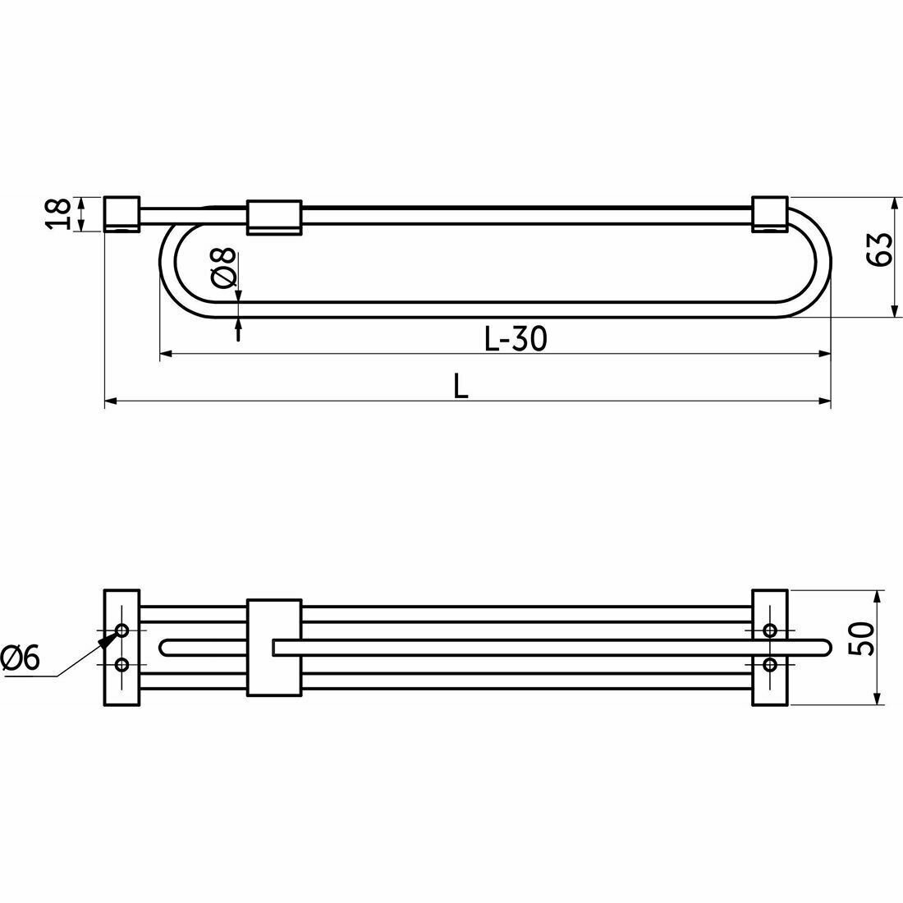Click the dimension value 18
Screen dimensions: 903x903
58,213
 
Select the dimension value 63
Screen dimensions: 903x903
879,250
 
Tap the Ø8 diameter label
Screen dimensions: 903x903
224,268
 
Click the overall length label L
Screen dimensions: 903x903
461,386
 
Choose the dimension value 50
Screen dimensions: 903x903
863,639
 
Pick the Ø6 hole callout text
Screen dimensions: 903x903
21,658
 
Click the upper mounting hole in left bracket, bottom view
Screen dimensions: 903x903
122,630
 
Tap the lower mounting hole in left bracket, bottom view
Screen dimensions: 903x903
122,665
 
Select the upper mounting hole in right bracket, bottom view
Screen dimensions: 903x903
770,630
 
